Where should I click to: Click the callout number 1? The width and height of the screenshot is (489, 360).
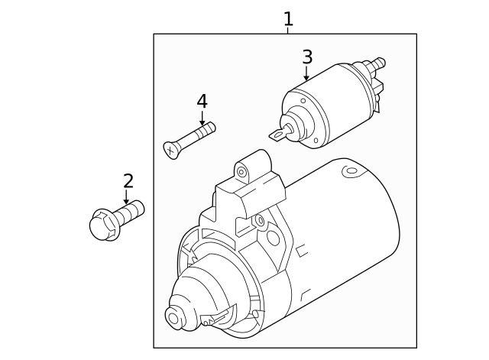pyautogui.click(x=288, y=18)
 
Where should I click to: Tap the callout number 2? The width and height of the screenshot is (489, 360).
pyautogui.click(x=128, y=180)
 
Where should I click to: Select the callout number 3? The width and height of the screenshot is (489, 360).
pyautogui.click(x=306, y=57)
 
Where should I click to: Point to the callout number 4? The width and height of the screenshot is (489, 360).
pyautogui.click(x=202, y=101)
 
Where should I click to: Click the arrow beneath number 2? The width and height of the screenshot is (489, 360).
pyautogui.click(x=127, y=197)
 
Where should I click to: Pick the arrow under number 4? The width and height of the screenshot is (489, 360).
pyautogui.click(x=202, y=118)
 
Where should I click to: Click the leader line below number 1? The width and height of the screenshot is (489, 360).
pyautogui.click(x=288, y=31)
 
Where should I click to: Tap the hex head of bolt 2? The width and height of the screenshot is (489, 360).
pyautogui.click(x=102, y=225)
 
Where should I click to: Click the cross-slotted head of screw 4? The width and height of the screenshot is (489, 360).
pyautogui.click(x=171, y=150)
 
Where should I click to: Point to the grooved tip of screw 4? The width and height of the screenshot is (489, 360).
pyautogui.click(x=207, y=131)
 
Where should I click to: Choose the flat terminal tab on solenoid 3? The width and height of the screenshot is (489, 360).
pyautogui.click(x=278, y=136)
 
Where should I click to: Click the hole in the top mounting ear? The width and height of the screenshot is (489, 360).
pyautogui.click(x=241, y=172)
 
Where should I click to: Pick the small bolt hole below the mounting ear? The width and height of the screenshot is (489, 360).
pyautogui.click(x=260, y=222)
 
